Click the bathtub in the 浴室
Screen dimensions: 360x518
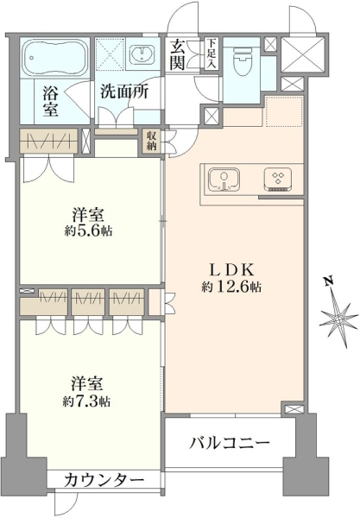point(55,58)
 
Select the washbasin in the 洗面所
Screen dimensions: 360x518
point(142,54)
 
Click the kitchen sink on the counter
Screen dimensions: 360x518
point(224,180)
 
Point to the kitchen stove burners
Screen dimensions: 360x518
point(277,180)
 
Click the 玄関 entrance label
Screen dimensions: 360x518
point(177,55)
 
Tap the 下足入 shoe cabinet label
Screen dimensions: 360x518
point(211,54)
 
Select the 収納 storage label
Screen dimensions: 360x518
point(152,141)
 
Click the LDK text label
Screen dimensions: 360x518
point(232,270)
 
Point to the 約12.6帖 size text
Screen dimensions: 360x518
point(231,287)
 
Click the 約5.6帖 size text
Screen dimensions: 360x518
point(89,231)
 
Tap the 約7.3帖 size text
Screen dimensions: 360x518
point(87,401)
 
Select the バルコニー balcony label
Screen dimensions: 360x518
point(230,442)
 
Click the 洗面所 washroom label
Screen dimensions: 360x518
point(124,92)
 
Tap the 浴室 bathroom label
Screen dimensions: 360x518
point(51,101)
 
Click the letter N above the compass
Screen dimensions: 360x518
point(329,281)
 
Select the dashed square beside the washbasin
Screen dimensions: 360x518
point(111,54)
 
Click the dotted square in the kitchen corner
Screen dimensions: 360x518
point(284,111)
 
